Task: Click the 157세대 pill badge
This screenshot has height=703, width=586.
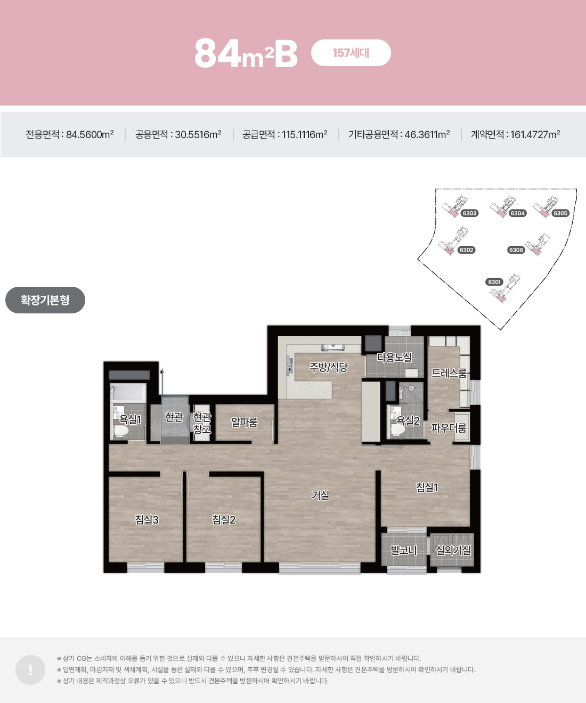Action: tap(351, 53)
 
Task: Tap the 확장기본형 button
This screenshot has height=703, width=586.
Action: tap(45, 300)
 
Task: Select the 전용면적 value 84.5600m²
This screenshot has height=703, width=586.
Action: tap(90, 135)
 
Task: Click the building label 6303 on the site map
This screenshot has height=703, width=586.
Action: tap(469, 213)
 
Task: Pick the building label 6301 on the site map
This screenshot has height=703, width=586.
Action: tap(494, 282)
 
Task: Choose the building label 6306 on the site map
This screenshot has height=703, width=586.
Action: tap(516, 250)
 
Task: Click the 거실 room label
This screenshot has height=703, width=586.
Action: tap(320, 495)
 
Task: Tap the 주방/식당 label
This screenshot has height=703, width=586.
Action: tap(329, 367)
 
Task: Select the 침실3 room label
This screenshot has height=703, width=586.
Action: tap(146, 520)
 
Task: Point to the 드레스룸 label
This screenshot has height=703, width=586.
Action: tap(449, 373)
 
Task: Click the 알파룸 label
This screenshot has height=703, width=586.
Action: tap(245, 422)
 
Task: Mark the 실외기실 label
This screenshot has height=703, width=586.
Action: tap(453, 550)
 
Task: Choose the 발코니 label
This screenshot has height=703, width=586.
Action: tap(404, 550)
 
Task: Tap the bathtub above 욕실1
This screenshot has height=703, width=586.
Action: tap(128, 393)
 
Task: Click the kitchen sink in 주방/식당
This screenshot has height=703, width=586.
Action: tap(333, 348)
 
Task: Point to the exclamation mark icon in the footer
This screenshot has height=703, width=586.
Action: tap(30, 670)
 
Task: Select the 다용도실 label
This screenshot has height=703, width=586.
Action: tap(394, 357)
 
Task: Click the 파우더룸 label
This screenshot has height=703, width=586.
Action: tap(449, 428)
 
